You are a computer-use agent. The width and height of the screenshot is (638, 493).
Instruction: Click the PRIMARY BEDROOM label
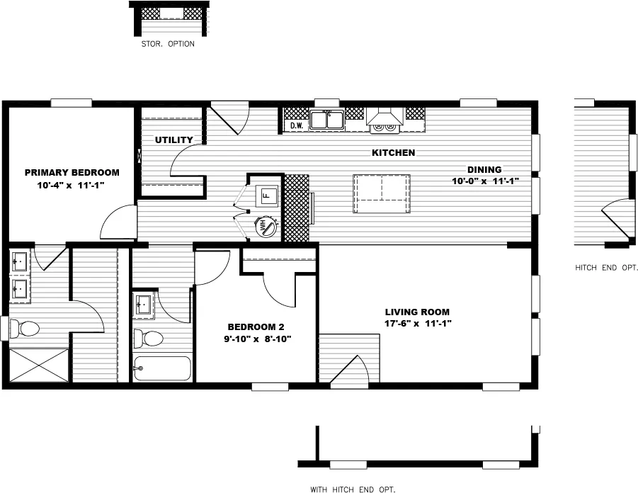[72, 172]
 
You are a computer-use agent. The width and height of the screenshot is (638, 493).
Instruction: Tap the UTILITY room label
[173, 140]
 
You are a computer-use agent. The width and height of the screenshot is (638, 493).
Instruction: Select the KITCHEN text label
[393, 152]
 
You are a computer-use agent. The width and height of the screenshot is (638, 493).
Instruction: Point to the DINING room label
[484, 169]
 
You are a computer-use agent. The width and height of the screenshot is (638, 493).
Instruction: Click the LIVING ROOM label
[417, 312]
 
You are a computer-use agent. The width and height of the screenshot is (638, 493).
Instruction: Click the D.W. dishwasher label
[297, 126]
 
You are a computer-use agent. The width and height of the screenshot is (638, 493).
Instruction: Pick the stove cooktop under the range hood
[385, 127]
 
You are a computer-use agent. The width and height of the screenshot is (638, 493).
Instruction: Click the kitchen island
[382, 193]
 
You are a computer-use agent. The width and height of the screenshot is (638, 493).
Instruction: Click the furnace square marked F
[266, 194]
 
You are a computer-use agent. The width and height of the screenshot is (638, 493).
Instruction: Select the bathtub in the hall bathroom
[162, 368]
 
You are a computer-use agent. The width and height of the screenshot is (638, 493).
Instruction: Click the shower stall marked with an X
[39, 365]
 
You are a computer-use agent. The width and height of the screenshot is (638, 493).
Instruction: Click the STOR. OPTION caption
[168, 43]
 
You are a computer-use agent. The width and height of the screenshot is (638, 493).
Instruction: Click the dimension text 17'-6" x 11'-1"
[418, 323]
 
